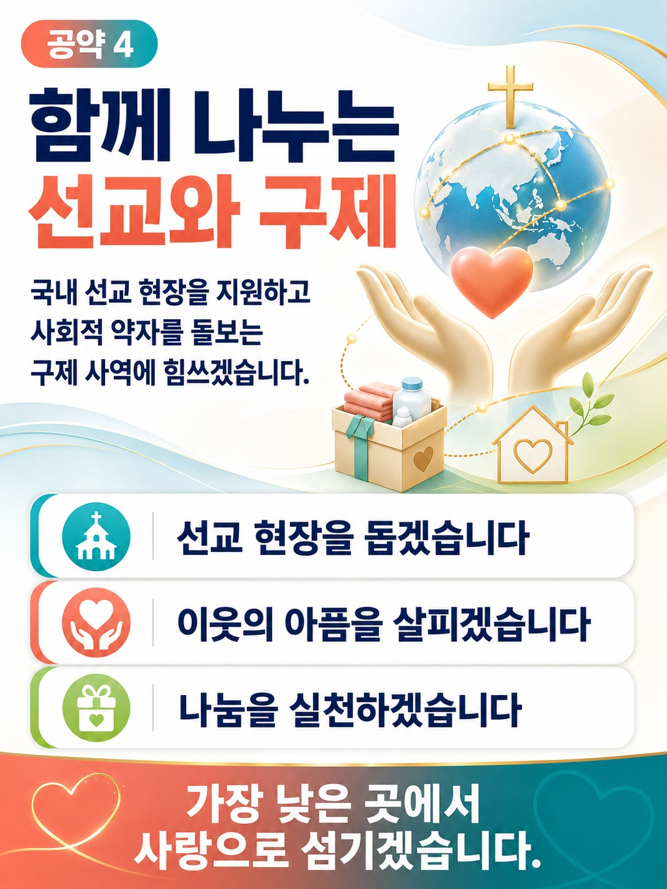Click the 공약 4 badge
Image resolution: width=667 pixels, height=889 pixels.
coord(89,44)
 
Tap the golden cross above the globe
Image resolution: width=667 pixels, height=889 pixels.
coord(510,96)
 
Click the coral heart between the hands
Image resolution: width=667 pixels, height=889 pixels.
coord(492,282)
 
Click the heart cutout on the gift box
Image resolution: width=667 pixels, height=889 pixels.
coord(424,459)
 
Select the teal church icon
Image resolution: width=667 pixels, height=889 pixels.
coord(96,536)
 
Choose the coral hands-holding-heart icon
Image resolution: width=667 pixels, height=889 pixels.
coord(96,622)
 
